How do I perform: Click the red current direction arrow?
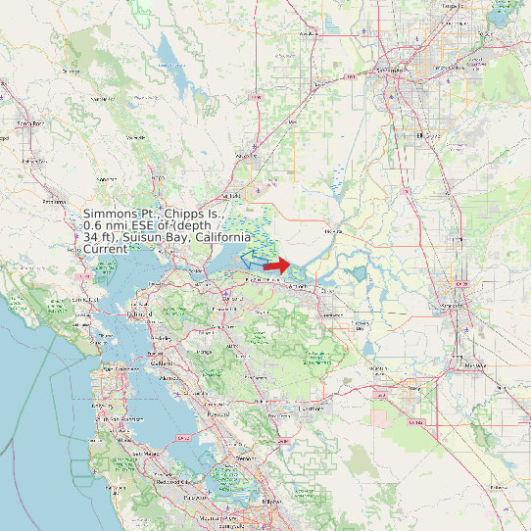(x=277, y=265)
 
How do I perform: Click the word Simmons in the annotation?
(x=111, y=214)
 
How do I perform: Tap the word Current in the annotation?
(x=105, y=249)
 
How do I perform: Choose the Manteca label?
(x=474, y=364)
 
